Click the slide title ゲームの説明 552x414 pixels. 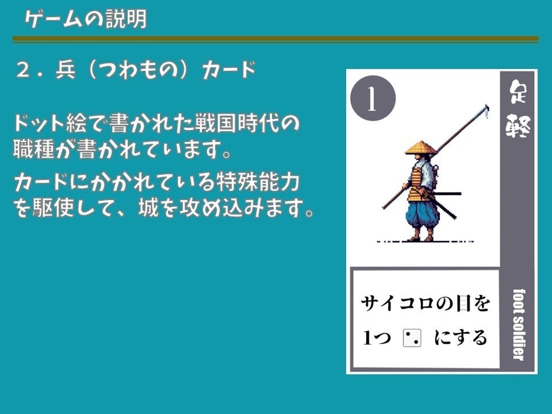pyautogui.click(x=86, y=20)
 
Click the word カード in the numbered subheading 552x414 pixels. pyautogui.click(x=229, y=70)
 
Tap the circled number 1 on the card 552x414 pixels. pyautogui.click(x=373, y=98)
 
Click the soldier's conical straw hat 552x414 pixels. pyautogui.click(x=421, y=148)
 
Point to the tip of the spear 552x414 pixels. pyautogui.click(x=487, y=106)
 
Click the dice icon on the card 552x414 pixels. pyautogui.click(x=412, y=338)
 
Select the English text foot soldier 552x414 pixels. pyautogui.click(x=518, y=324)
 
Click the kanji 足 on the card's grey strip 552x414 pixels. pyautogui.click(x=518, y=92)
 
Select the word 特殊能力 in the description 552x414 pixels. pyautogui.click(x=258, y=182)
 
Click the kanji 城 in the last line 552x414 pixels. pyautogui.click(x=149, y=208)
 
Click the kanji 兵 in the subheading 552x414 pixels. pyautogui.click(x=66, y=70)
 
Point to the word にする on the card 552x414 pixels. pyautogui.click(x=461, y=338)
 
